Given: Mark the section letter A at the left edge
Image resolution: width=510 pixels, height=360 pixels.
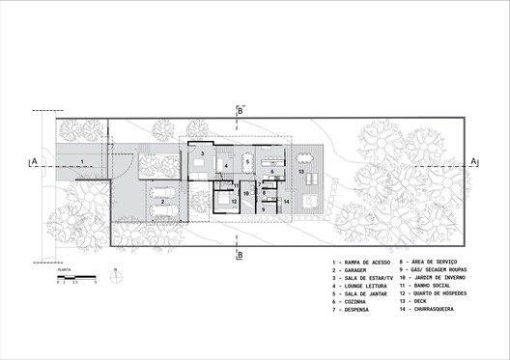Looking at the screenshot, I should (33, 161).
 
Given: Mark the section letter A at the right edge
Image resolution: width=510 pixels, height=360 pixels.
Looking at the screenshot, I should (474, 161).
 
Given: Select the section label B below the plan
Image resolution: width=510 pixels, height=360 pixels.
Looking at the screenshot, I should (241, 255).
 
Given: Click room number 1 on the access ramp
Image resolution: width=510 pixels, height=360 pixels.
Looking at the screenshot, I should (83, 161).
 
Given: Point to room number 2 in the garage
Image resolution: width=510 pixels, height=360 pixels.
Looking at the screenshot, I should (160, 203).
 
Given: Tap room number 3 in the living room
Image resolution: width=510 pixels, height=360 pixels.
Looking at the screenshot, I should (202, 153).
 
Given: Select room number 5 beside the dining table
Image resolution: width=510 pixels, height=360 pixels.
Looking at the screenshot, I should (247, 161).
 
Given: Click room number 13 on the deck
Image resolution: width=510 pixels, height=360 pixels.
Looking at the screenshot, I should (300, 172).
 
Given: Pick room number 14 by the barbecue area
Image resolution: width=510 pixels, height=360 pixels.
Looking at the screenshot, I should (287, 201).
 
